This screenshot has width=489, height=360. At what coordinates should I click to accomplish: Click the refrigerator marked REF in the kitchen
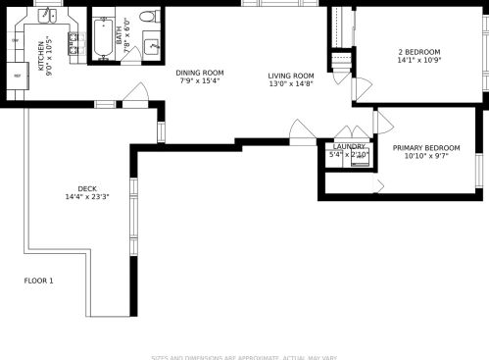[x=17, y=75]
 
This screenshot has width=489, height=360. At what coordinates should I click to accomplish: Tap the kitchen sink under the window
[x=47, y=16]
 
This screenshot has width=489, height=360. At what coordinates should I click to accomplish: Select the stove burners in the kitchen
[x=73, y=42]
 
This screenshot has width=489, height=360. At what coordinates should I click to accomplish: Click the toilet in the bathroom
[x=148, y=17]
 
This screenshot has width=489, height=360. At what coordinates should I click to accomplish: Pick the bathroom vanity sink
[x=152, y=46]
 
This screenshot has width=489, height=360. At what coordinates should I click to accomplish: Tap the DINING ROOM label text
[x=200, y=73]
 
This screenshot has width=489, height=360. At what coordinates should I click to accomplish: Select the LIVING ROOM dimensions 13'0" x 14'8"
[x=291, y=84]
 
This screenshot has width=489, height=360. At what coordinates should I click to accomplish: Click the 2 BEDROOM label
[x=418, y=52]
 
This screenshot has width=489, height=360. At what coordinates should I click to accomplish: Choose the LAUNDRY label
[x=349, y=146]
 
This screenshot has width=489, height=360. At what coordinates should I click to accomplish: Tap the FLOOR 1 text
[x=39, y=282]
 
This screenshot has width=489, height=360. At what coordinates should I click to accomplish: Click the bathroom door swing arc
[x=130, y=55]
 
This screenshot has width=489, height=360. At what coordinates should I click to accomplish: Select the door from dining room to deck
[x=135, y=94]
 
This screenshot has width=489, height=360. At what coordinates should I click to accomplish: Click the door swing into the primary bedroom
[x=383, y=122]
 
